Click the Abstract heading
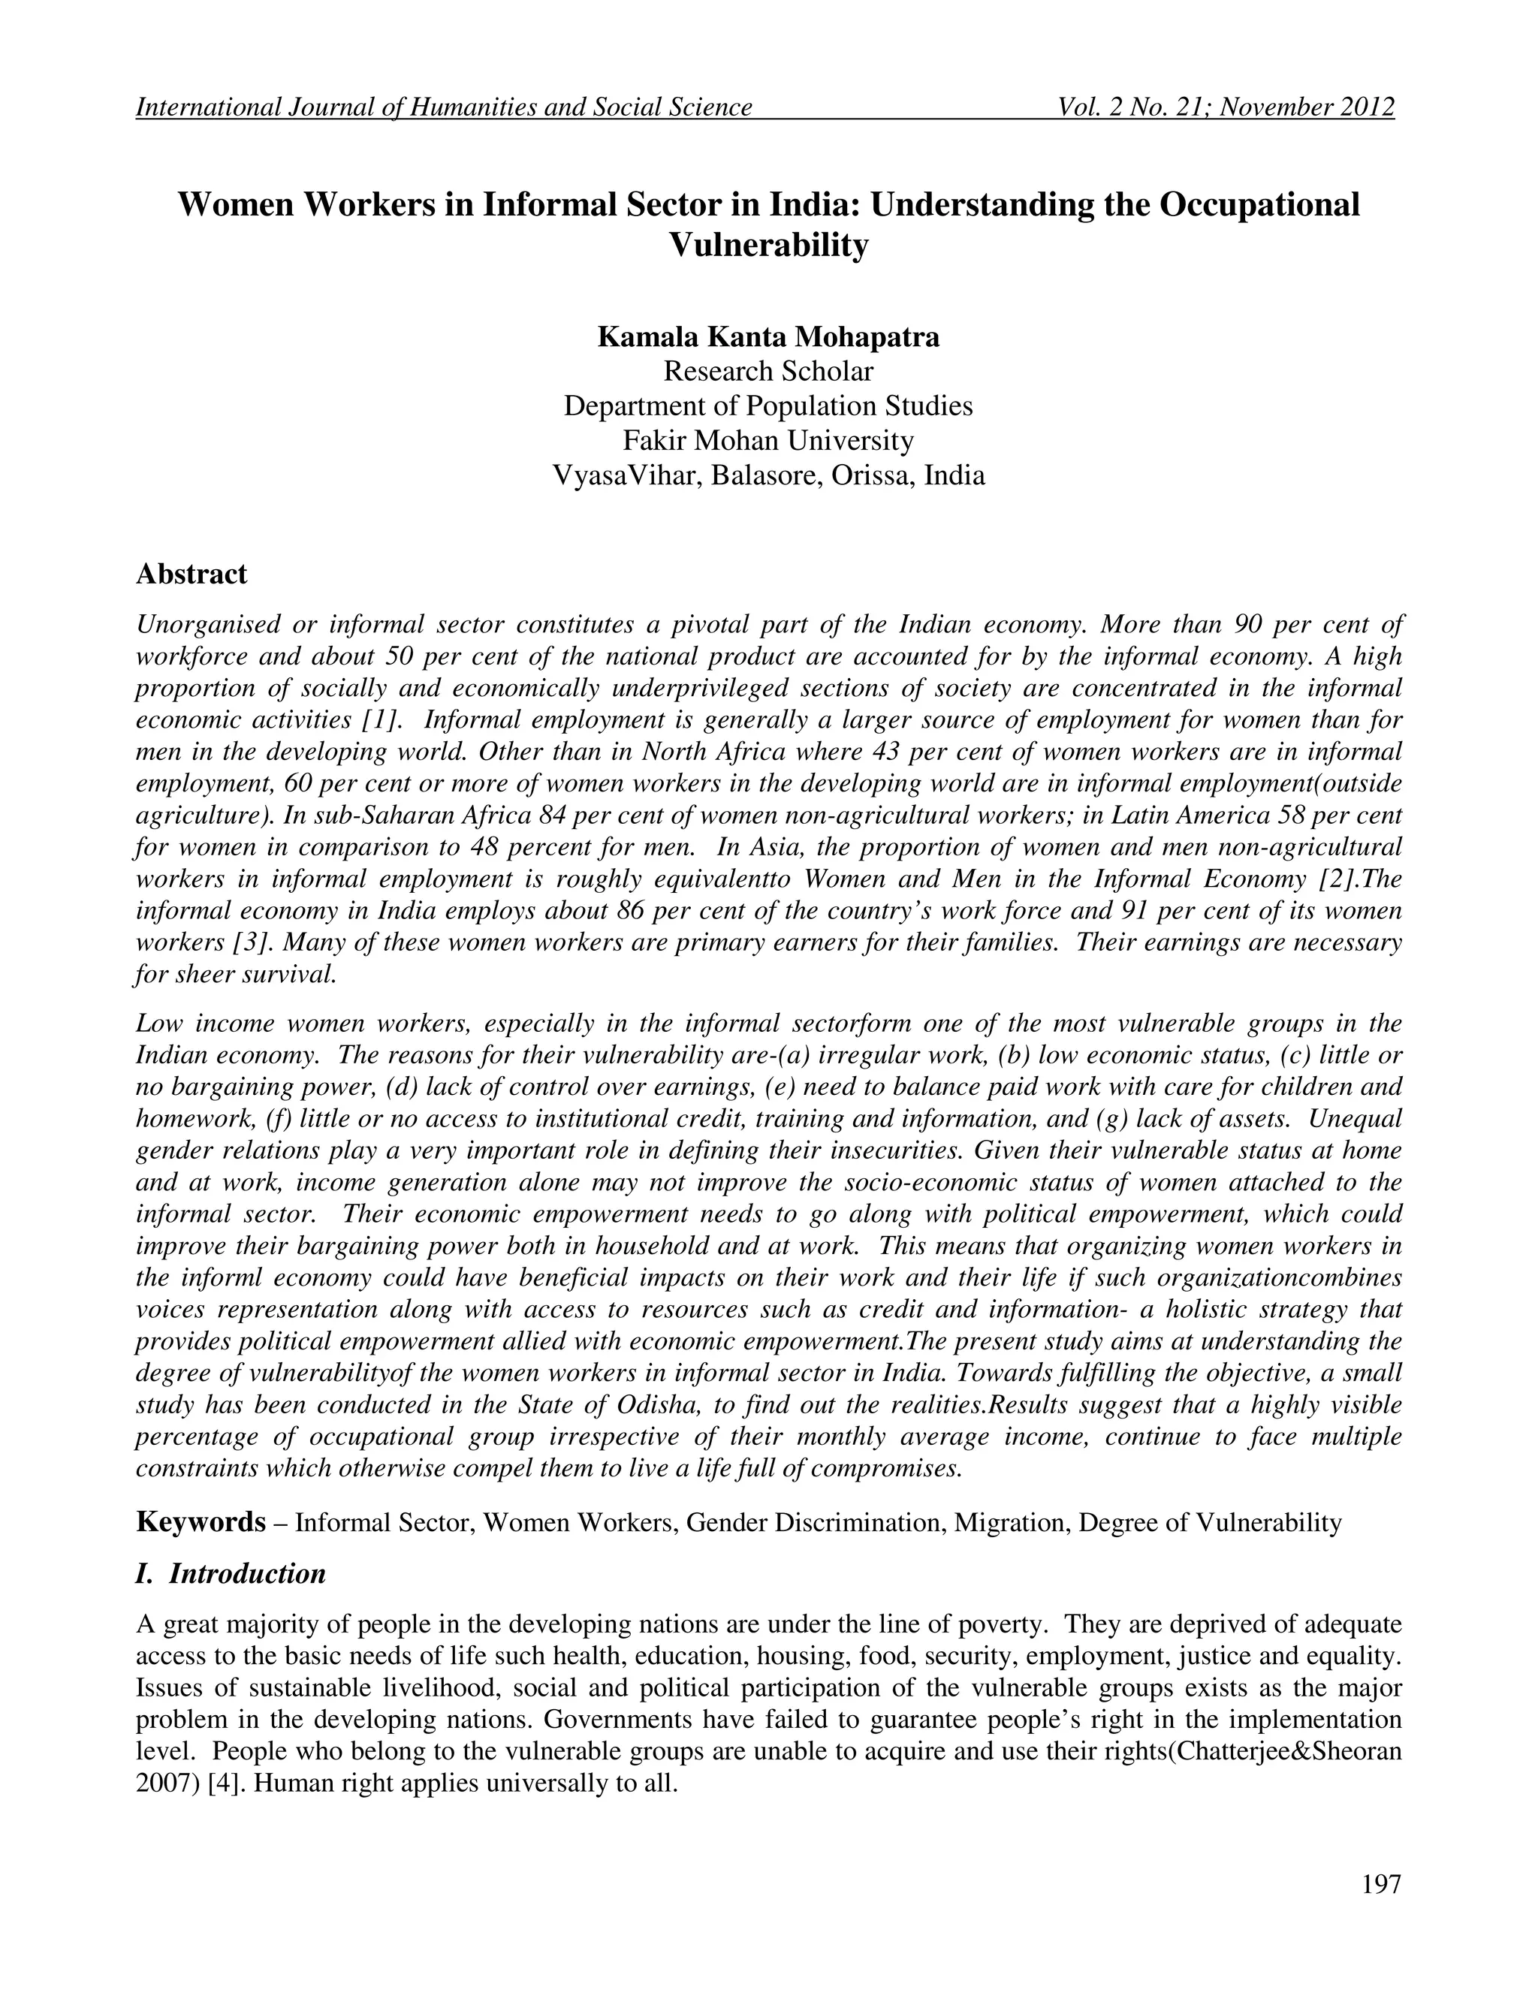(191, 575)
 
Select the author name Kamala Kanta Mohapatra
(768, 337)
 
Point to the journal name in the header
(444, 107)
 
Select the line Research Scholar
(768, 372)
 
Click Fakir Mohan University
(768, 441)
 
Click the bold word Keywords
(200, 1523)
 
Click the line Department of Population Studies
(768, 406)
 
